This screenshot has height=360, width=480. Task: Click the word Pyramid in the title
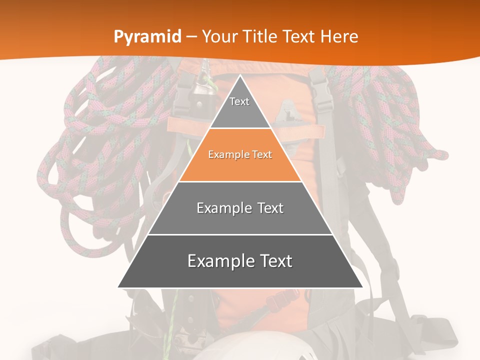pyautogui.click(x=147, y=37)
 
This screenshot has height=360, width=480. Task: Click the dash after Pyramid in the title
pyautogui.click(x=191, y=37)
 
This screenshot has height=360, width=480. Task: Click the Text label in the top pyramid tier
pyautogui.click(x=239, y=101)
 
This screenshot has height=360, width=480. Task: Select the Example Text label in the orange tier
pyautogui.click(x=240, y=155)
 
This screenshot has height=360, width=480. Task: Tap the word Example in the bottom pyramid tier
pyautogui.click(x=219, y=261)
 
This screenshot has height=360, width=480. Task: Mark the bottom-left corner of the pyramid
pyautogui.click(x=118, y=287)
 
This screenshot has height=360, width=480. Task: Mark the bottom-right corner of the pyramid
pyautogui.click(x=362, y=287)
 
